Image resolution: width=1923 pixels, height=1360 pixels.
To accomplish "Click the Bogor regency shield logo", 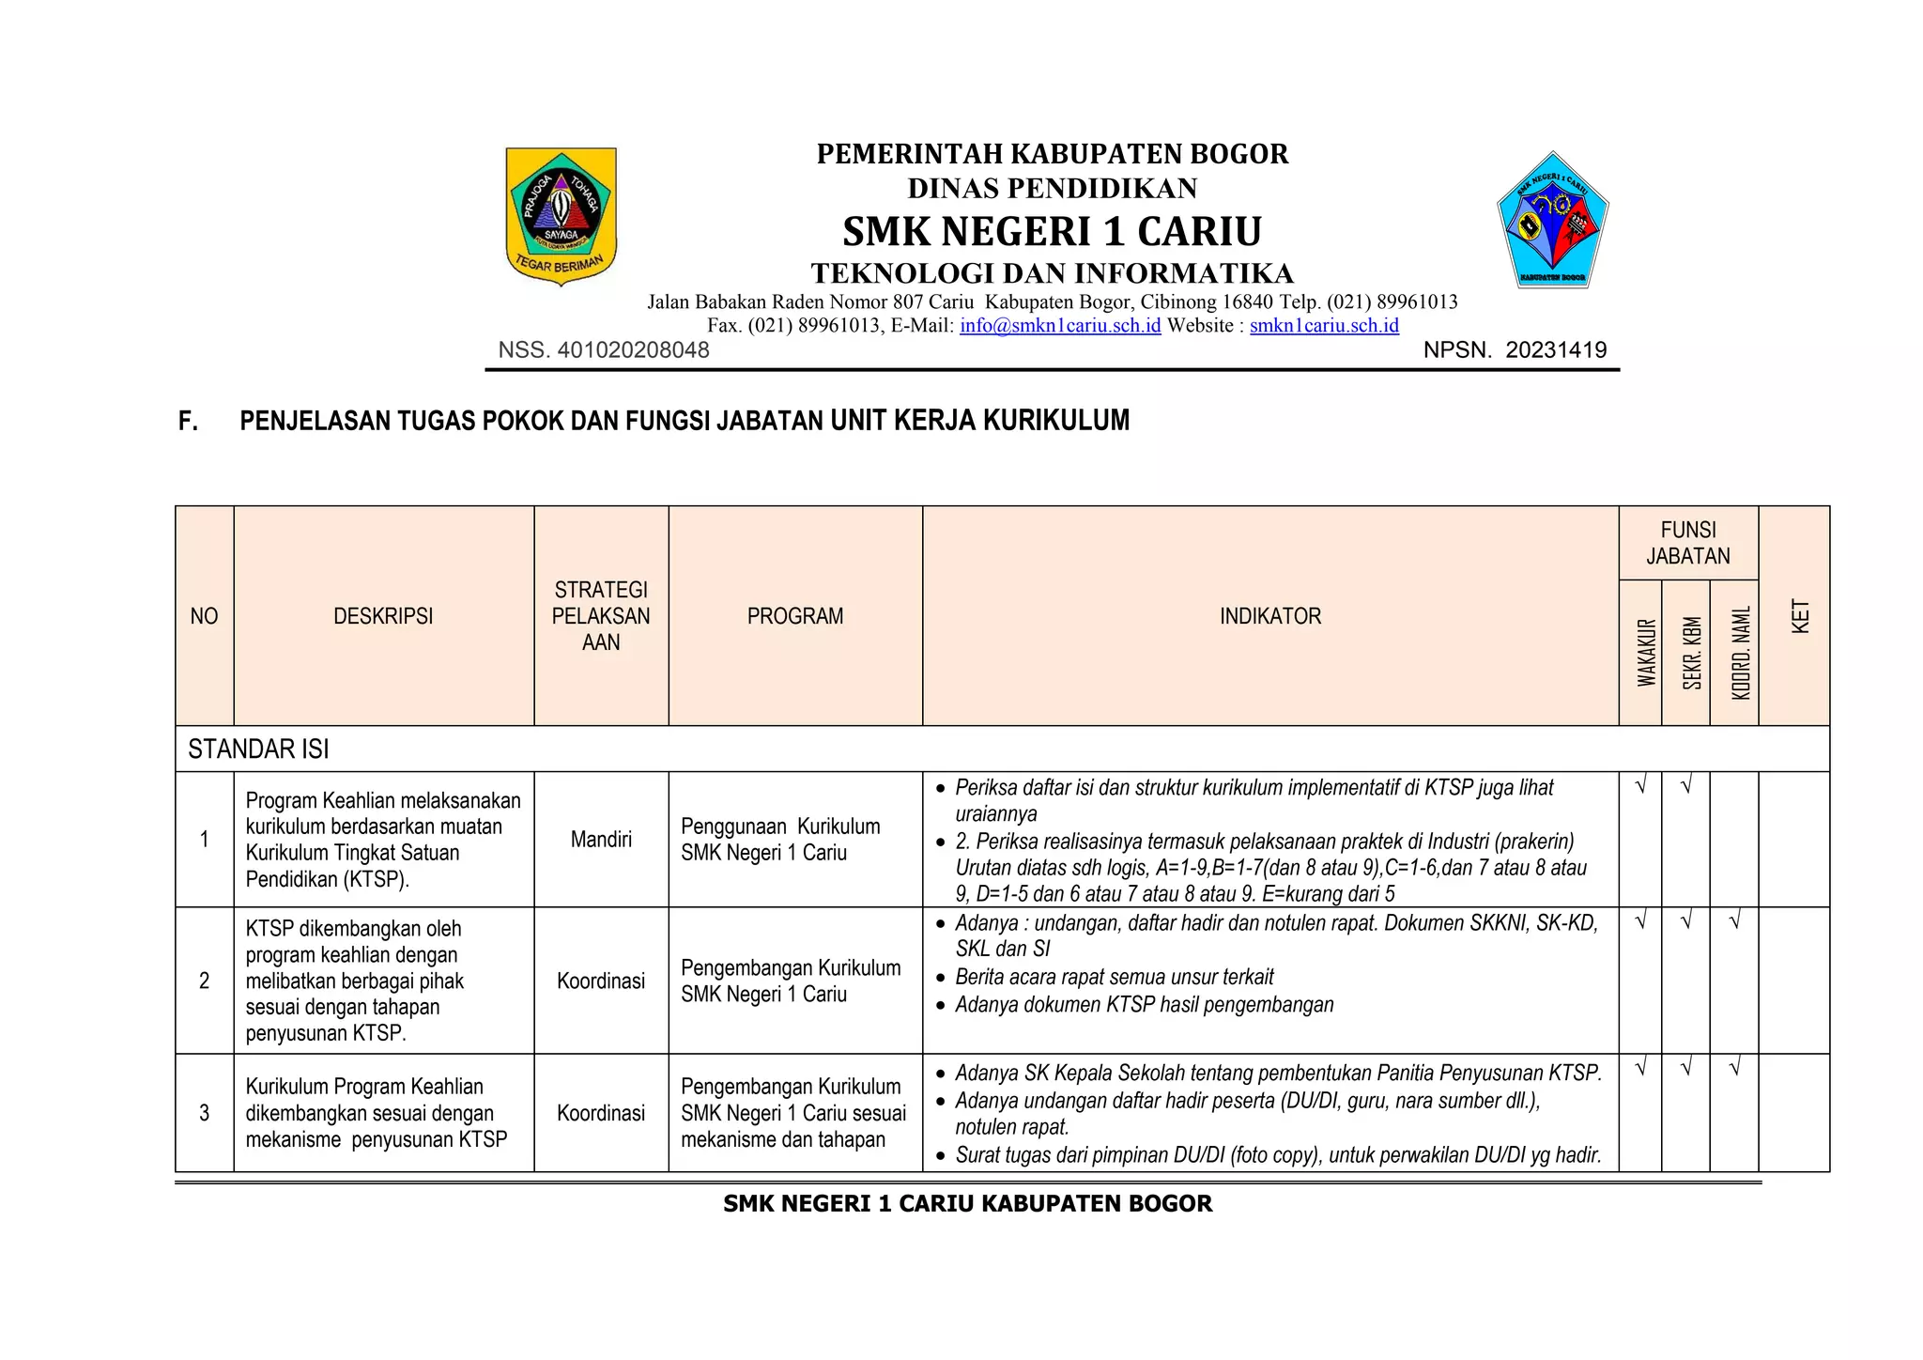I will coord(561,215).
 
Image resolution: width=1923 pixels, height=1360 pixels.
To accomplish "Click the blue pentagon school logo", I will coord(1552,222).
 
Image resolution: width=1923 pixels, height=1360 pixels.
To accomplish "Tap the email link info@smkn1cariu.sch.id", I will coord(1059,326).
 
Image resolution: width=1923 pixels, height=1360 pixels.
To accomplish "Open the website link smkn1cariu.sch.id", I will coord(1323,326).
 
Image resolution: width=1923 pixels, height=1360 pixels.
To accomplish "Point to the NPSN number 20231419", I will coord(1556,350).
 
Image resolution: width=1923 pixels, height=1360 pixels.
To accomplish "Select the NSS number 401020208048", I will coord(633,350).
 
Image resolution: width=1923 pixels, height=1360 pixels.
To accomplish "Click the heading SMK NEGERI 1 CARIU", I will coord(1052,231).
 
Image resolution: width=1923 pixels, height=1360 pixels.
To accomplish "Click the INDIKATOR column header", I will coord(1269,616).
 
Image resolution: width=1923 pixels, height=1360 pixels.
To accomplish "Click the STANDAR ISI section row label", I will coord(258,749).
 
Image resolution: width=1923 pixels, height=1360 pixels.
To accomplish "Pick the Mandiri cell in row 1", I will coord(601,839).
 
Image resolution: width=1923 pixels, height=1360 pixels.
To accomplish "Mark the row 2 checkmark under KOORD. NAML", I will coord(1734,922).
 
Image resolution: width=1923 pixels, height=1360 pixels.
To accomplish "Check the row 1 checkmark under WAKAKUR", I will coord(1640,786).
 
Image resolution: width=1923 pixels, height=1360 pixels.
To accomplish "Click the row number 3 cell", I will coord(204,1113).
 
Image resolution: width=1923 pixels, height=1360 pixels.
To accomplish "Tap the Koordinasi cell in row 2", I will coord(601,981).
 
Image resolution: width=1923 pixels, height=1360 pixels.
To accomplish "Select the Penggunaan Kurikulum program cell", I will coord(780,839).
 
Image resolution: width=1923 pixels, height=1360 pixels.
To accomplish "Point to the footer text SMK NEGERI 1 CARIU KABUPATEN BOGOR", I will coord(967,1203).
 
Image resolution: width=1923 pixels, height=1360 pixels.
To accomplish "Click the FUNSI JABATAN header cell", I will coord(1687,543).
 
